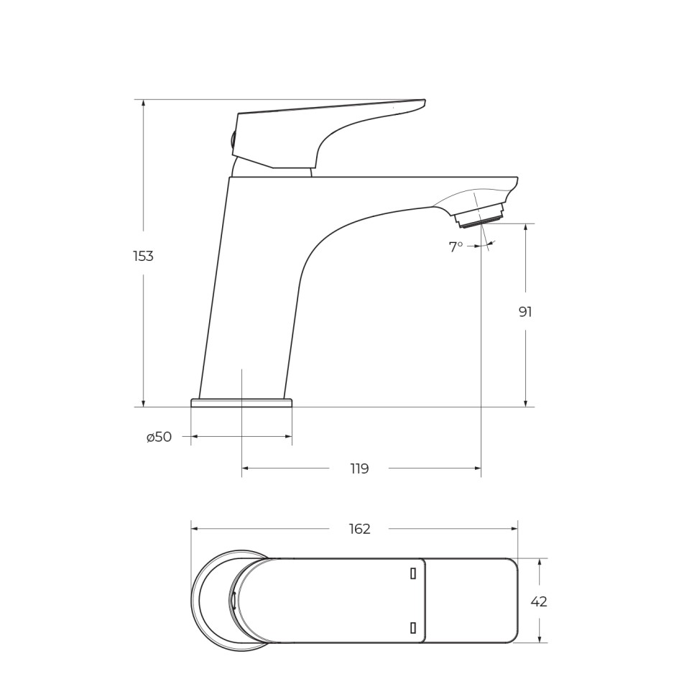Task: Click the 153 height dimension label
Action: pyautogui.click(x=143, y=256)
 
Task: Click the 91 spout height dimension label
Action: pyautogui.click(x=525, y=312)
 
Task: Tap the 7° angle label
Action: pyautogui.click(x=456, y=246)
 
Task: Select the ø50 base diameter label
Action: pyautogui.click(x=159, y=437)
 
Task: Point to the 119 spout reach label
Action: pyautogui.click(x=359, y=468)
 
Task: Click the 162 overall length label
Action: pyautogui.click(x=359, y=529)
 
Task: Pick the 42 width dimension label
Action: pyautogui.click(x=539, y=601)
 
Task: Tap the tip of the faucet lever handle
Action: pyautogui.click(x=425, y=101)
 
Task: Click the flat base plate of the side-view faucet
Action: pyautogui.click(x=241, y=402)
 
